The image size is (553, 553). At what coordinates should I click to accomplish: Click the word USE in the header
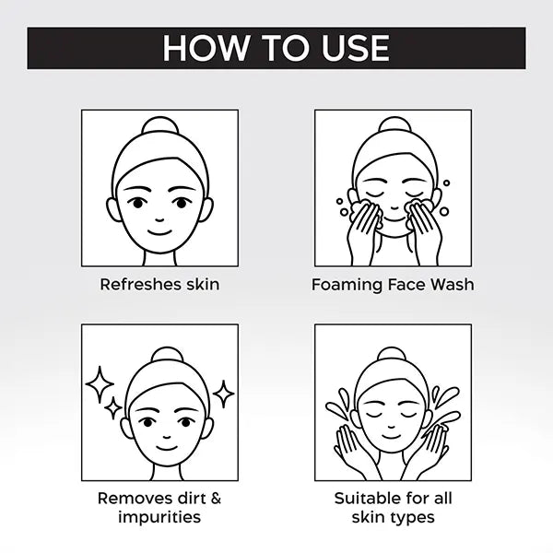(356, 48)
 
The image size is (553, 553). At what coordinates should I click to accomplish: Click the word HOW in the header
(206, 48)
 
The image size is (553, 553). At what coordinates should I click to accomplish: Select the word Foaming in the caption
(347, 285)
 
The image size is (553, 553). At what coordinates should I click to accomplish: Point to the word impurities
(159, 517)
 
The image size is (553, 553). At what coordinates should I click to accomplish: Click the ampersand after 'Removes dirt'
(215, 499)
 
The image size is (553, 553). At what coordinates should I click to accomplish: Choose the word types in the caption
(413, 518)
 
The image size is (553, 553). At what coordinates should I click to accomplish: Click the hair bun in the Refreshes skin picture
(159, 126)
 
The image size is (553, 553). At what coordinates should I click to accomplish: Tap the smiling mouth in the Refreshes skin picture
(159, 232)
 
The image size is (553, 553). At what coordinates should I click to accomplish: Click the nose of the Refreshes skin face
(159, 220)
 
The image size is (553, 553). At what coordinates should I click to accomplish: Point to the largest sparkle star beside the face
(100, 384)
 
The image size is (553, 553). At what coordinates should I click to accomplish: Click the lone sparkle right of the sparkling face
(223, 394)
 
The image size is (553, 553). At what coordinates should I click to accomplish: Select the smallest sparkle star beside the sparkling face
(113, 408)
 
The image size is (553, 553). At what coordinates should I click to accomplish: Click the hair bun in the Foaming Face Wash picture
(394, 126)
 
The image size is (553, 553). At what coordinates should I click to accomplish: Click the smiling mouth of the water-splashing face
(391, 437)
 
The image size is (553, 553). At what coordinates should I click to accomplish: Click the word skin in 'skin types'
(369, 517)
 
